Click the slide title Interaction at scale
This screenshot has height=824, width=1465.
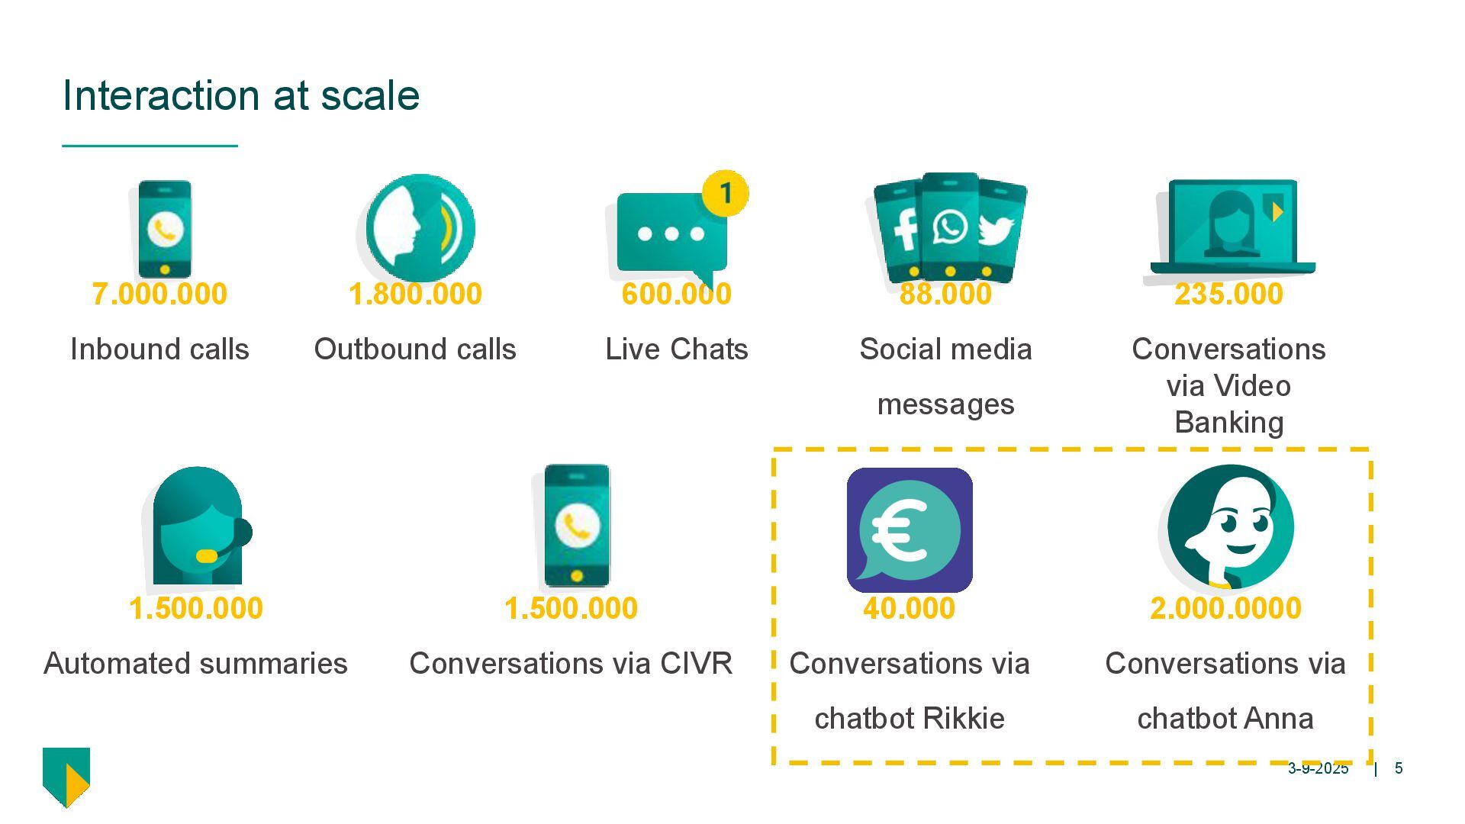point(240,95)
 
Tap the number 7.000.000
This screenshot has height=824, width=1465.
point(159,294)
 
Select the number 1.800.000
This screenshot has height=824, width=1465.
point(415,294)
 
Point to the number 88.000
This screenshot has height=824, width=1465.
point(945,294)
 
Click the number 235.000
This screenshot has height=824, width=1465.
point(1228,294)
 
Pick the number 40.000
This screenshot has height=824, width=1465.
point(909,608)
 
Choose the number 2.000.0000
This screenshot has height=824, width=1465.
point(1225,608)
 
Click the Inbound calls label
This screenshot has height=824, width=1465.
point(159,349)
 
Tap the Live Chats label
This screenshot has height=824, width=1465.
point(676,349)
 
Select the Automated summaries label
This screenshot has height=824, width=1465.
point(195,664)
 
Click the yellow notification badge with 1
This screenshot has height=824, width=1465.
point(725,193)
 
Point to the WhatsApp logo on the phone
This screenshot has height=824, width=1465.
point(950,227)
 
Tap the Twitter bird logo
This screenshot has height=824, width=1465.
point(996,230)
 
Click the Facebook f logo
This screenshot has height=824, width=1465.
point(906,229)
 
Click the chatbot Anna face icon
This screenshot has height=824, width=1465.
point(1230,526)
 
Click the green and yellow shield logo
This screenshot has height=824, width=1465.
point(66,776)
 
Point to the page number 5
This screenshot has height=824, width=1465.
point(1399,768)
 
